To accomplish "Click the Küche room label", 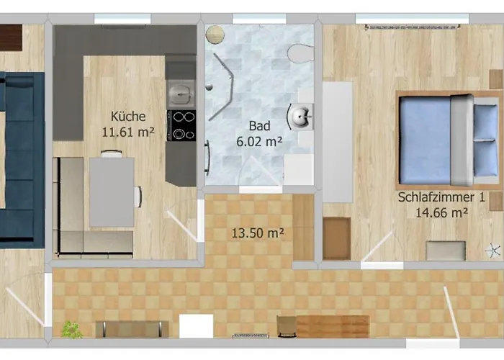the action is [x=128, y=117].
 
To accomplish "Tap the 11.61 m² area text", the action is [x=128, y=132].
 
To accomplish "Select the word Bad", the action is [x=259, y=126].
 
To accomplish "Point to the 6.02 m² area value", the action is [x=259, y=141].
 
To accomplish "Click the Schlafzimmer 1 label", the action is [x=441, y=197].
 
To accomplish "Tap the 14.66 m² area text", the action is [x=441, y=212].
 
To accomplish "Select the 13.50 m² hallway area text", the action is [x=258, y=233].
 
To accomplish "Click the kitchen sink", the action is [x=181, y=94].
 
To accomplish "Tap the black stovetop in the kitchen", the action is [x=181, y=126].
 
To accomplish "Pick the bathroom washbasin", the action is [x=300, y=117].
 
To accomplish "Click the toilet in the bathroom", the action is [x=300, y=53].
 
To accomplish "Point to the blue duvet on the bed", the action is [x=425, y=140].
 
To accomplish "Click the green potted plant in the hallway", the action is [x=71, y=330].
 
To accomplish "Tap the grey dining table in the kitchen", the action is [x=112, y=192].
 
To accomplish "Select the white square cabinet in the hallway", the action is [x=196, y=326].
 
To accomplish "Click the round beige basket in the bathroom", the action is [x=215, y=34].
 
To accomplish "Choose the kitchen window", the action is [x=122, y=19].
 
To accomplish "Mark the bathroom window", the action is [x=259, y=19].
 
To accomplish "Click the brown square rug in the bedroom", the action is [x=336, y=238].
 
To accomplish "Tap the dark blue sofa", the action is [x=22, y=160].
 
